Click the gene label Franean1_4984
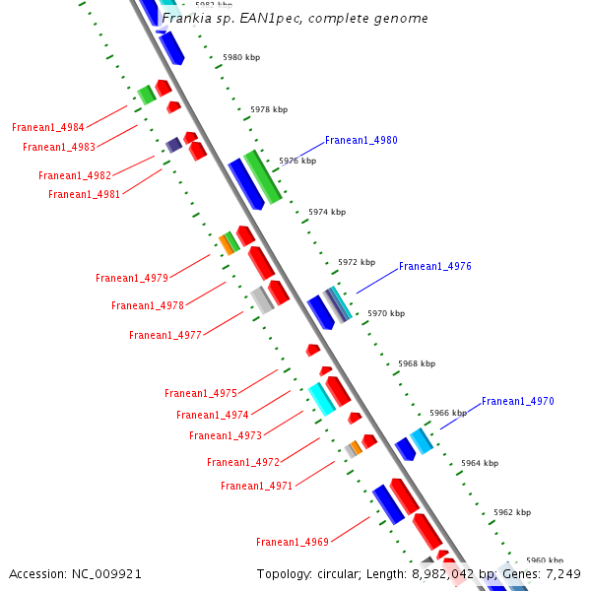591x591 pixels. (48, 127)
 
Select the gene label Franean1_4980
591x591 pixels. (361, 140)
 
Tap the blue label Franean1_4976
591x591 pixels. (435, 266)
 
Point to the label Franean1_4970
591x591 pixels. (518, 401)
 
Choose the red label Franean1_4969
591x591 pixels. (293, 542)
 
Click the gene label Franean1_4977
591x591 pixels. (165, 335)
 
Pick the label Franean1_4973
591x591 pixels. (226, 435)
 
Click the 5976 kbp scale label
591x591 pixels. (297, 161)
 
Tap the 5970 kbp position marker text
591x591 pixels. (385, 313)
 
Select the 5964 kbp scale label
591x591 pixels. (480, 463)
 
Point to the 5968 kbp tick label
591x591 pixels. (417, 363)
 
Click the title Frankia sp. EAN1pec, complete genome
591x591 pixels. (295, 19)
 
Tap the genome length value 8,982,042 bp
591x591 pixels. (444, 573)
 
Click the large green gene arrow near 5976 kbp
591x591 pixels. (263, 176)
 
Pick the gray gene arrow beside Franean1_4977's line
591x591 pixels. (261, 299)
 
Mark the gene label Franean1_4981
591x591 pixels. (85, 194)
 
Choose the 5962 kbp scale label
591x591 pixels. (512, 512)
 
